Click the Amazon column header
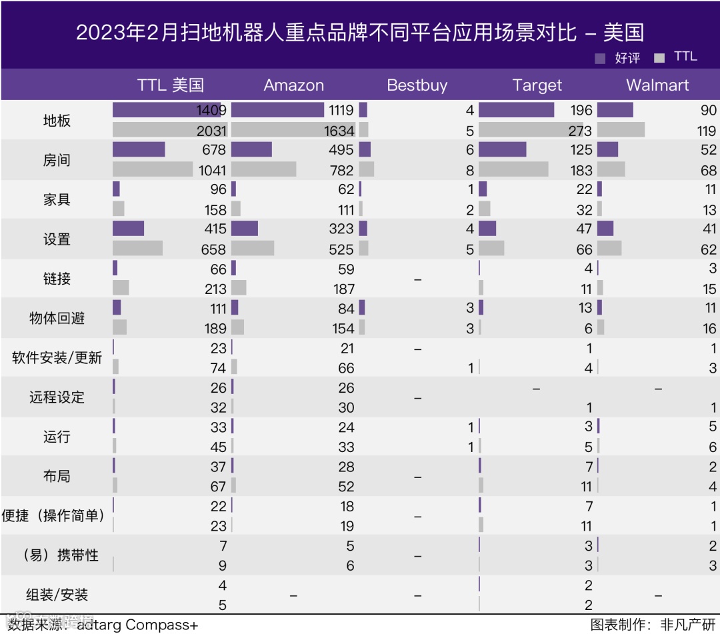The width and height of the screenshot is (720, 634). click(x=293, y=85)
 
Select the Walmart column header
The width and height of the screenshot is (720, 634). click(x=657, y=85)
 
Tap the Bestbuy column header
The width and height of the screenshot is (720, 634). click(x=417, y=85)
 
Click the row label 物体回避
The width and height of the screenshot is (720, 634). click(x=57, y=318)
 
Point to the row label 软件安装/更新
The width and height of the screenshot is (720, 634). click(x=57, y=358)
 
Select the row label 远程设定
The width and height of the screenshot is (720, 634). click(x=57, y=397)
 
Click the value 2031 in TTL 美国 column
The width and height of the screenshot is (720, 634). click(x=211, y=131)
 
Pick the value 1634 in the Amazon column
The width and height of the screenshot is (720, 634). click(x=338, y=131)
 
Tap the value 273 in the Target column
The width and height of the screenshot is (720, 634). click(x=581, y=131)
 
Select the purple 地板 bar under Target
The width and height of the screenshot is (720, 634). click(x=516, y=110)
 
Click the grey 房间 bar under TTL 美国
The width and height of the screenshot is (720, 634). click(x=153, y=169)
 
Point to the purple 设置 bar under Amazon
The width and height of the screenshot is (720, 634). click(x=245, y=229)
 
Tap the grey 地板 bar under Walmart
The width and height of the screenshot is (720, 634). click(x=621, y=130)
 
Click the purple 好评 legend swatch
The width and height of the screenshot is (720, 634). click(x=600, y=59)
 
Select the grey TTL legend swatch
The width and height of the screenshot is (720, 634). click(x=659, y=58)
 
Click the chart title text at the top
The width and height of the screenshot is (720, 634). click(x=360, y=33)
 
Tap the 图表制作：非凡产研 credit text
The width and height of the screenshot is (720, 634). click(x=652, y=625)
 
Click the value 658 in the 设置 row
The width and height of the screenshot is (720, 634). click(x=214, y=249)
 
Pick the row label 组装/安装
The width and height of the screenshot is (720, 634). click(x=57, y=595)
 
